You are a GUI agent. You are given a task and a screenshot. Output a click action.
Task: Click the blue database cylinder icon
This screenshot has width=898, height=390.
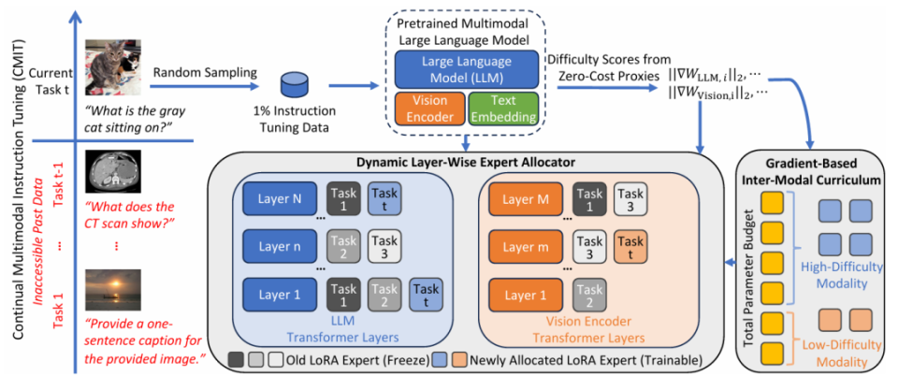click(x=294, y=86)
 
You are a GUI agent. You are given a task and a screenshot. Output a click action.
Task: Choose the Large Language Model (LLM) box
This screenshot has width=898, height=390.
click(x=466, y=68)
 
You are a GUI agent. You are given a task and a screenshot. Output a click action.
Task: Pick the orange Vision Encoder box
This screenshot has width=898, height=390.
click(x=429, y=108)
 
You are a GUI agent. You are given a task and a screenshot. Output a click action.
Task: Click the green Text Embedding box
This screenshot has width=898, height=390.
click(x=503, y=108)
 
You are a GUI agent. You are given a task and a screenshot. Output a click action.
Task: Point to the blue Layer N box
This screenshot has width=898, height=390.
click(x=279, y=200)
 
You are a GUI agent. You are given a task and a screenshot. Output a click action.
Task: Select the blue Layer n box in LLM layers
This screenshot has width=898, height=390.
click(x=279, y=248)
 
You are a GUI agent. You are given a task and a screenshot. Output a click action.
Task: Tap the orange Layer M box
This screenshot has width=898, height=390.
click(x=525, y=200)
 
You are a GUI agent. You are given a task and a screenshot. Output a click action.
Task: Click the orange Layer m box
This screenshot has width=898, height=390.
click(x=525, y=248)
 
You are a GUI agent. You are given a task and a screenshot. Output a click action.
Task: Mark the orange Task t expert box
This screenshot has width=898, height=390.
click(x=630, y=248)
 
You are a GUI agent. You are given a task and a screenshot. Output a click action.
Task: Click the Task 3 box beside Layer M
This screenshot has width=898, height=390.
click(x=630, y=200)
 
